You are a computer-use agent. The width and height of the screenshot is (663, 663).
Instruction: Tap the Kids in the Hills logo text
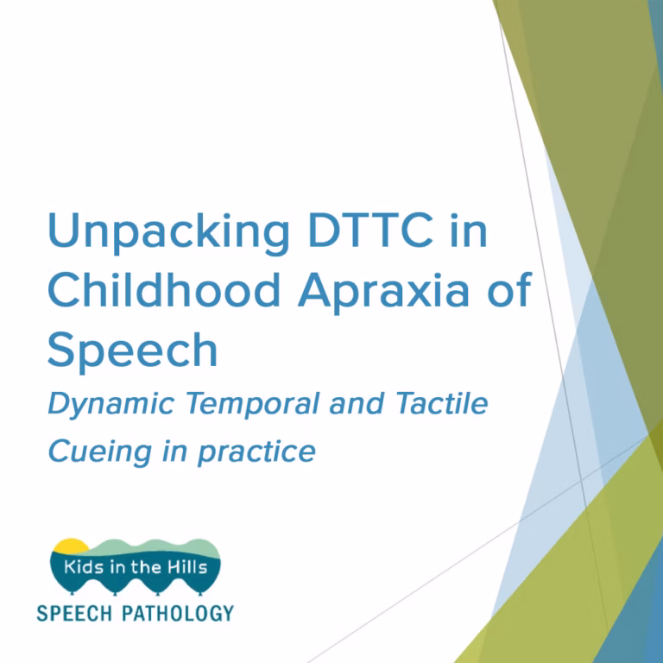click(136, 568)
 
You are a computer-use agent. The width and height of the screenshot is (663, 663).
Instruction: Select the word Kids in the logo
click(83, 568)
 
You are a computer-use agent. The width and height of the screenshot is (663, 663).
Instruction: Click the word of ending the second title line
click(508, 291)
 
